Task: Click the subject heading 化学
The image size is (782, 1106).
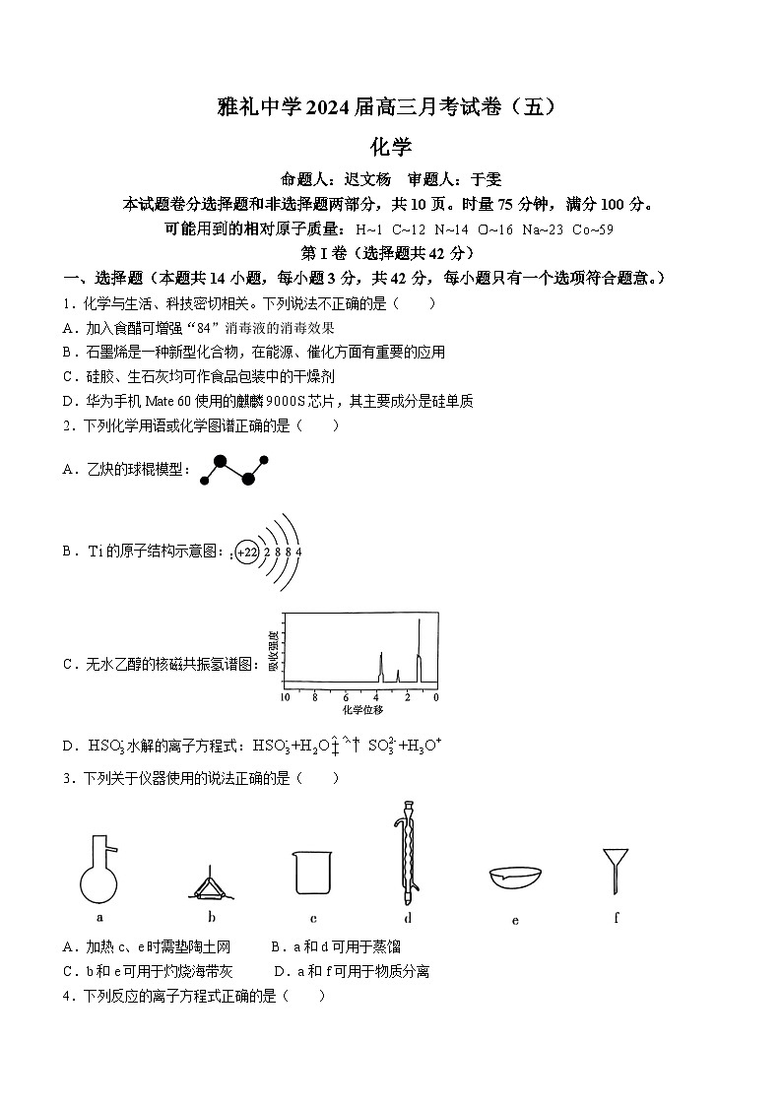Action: [x=390, y=147]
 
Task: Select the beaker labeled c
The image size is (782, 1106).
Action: [x=312, y=872]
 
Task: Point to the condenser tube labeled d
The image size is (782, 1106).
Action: [x=406, y=853]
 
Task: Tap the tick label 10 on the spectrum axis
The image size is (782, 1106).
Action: [x=285, y=696]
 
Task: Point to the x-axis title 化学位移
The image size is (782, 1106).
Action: [x=361, y=709]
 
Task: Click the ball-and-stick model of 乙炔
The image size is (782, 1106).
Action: [x=233, y=470]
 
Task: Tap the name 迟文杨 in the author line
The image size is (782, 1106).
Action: [x=366, y=179]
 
